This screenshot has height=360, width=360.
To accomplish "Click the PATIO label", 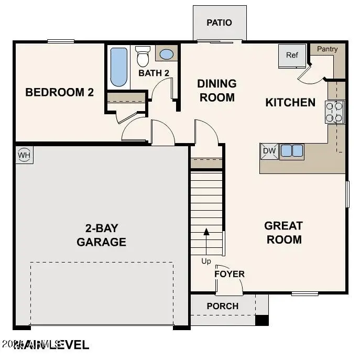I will [x=219, y=23].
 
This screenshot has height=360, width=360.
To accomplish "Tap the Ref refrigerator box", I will [x=292, y=55].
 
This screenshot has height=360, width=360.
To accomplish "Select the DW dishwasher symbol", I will [x=269, y=151].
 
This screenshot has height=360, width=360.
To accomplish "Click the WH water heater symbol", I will [x=24, y=155].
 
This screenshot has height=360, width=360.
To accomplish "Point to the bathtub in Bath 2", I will [x=119, y=67].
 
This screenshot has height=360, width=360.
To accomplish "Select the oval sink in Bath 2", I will [x=167, y=54].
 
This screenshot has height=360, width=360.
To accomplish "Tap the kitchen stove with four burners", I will [x=335, y=112].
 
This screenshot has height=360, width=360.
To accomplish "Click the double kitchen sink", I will [x=292, y=151].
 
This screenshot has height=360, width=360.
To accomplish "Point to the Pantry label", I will [x=328, y=49].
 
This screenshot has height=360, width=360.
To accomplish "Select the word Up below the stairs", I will [x=206, y=261].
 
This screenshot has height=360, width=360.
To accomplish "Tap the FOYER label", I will [x=230, y=274].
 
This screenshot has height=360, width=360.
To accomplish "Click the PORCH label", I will [x=222, y=306].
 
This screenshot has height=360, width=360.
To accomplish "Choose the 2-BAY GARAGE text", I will [x=101, y=235].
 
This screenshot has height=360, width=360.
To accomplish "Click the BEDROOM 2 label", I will [x=59, y=93].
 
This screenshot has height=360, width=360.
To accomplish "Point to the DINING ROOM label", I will [x=216, y=91].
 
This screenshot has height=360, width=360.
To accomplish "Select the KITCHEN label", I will [x=290, y=102].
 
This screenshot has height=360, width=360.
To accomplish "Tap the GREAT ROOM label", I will [x=283, y=233].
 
